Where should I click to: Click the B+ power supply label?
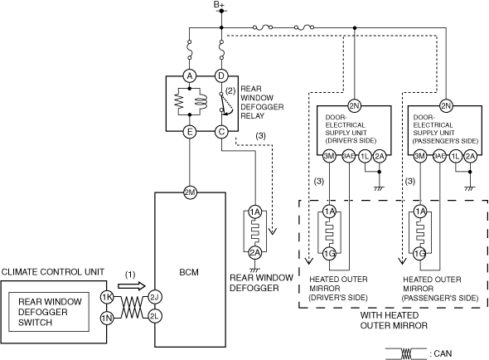pyautogui.click(x=219, y=4)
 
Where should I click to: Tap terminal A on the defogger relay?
pyautogui.click(x=190, y=75)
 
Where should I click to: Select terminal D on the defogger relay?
pyautogui.click(x=221, y=75)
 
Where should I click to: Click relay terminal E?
pyautogui.click(x=190, y=132)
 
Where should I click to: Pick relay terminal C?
pyautogui.click(x=221, y=132)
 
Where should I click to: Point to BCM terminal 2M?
pyautogui.click(x=190, y=192)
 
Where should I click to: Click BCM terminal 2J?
pyautogui.click(x=155, y=297)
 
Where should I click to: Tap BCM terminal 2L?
pyautogui.click(x=155, y=317)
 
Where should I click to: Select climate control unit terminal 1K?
pyautogui.click(x=107, y=297)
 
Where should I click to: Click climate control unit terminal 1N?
pyautogui.click(x=107, y=319)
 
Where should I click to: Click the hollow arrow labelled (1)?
pyautogui.click(x=132, y=286)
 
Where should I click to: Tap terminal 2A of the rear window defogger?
pyautogui.click(x=255, y=253)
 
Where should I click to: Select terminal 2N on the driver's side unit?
pyautogui.click(x=354, y=106)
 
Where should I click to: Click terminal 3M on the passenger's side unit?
pyautogui.click(x=419, y=156)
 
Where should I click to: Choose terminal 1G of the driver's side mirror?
pyautogui.click(x=329, y=254)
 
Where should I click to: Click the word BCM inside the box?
pyautogui.click(x=189, y=272)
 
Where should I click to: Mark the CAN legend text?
pyautogui.click(x=440, y=353)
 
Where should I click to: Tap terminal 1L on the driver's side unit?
pyautogui.click(x=365, y=156)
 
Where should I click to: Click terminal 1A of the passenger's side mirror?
pyautogui.click(x=420, y=212)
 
